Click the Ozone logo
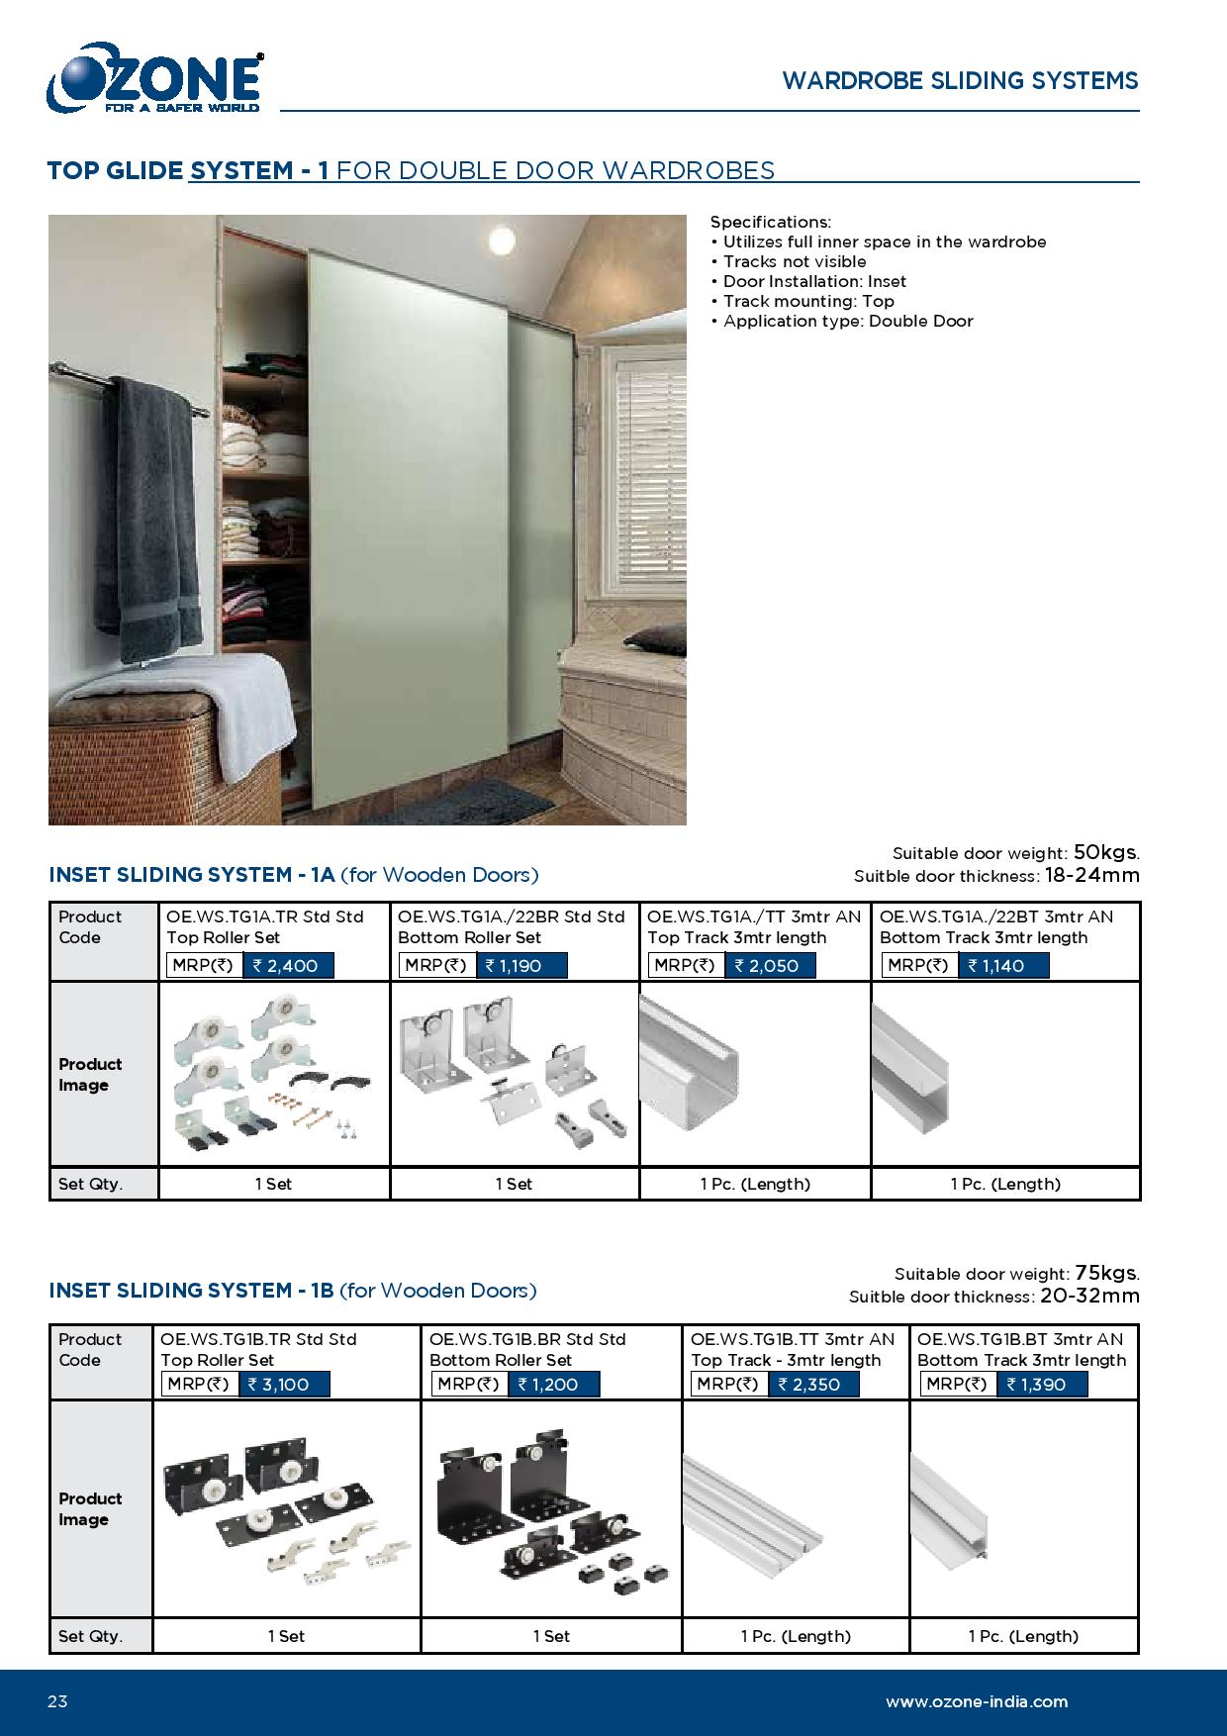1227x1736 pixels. (x=154, y=78)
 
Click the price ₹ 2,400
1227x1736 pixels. (x=288, y=965)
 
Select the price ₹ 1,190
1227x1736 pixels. (x=521, y=965)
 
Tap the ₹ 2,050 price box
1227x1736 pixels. (x=770, y=965)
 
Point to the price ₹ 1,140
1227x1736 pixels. (x=1002, y=965)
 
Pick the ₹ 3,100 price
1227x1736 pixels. (x=284, y=1384)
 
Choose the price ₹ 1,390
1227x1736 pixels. (x=1041, y=1384)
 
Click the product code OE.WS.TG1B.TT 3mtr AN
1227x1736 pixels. (x=793, y=1339)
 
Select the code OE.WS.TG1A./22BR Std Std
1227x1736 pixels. (x=512, y=916)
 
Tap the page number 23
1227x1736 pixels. (x=57, y=1701)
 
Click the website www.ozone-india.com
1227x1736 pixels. (x=977, y=1701)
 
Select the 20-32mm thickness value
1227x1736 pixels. (x=1089, y=1296)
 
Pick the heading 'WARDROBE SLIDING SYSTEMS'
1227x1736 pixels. (x=960, y=81)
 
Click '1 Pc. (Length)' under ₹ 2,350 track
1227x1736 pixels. (x=796, y=1636)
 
